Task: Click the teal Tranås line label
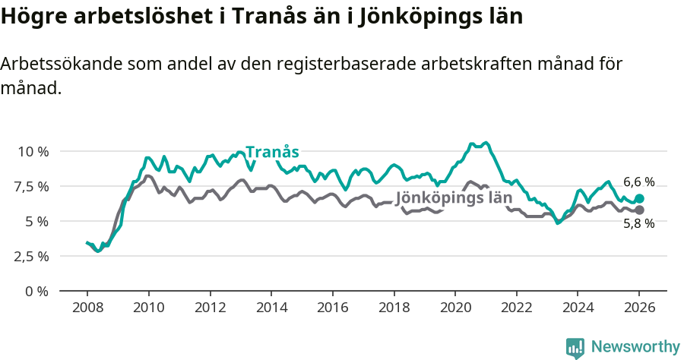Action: coord(272,151)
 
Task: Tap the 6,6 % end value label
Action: coord(638,182)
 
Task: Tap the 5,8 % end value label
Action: coord(638,223)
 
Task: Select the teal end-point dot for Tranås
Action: coord(639,198)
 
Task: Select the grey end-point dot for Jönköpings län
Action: coord(639,210)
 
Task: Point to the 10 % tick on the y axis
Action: coord(33,151)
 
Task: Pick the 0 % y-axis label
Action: coord(36,291)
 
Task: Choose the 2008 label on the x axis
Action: coord(87,308)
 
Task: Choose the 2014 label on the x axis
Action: coord(271,308)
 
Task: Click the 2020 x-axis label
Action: coord(454,308)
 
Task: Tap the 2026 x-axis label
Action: coord(638,308)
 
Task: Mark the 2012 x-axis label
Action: coord(209,308)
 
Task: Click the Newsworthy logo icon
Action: coord(575,347)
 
